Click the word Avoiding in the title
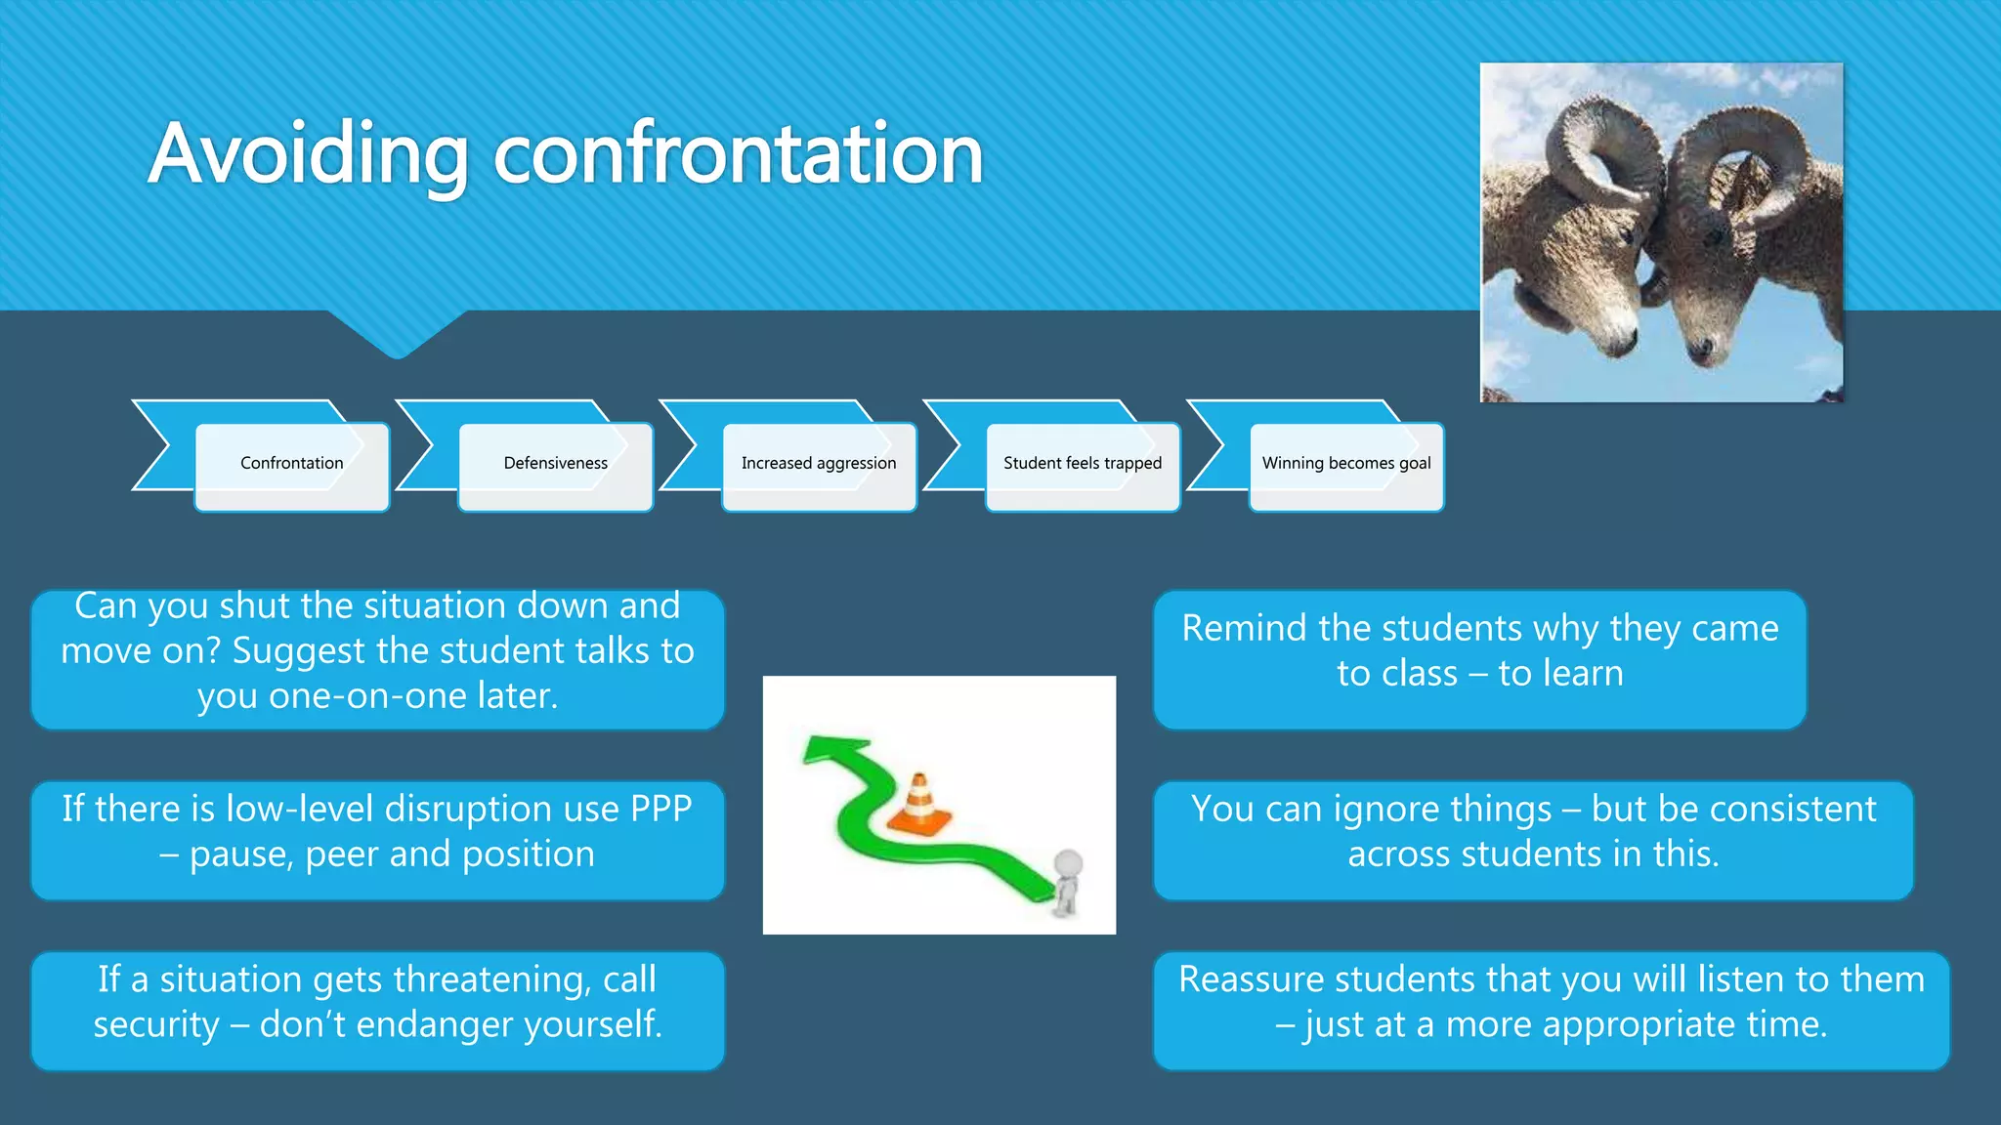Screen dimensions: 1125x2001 coord(308,154)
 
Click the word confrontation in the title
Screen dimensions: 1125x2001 coord(738,154)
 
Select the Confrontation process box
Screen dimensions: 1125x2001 coord(291,464)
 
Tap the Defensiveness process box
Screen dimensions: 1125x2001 coord(555,464)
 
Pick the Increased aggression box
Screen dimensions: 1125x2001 coord(819,464)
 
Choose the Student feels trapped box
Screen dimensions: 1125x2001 coord(1083,464)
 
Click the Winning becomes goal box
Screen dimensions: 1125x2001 coord(1346,464)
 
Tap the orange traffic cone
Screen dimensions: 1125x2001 coord(918,806)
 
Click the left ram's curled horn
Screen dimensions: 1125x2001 coord(1602,146)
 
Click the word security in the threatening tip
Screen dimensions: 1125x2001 coord(156,1024)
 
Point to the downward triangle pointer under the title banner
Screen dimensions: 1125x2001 coord(397,337)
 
